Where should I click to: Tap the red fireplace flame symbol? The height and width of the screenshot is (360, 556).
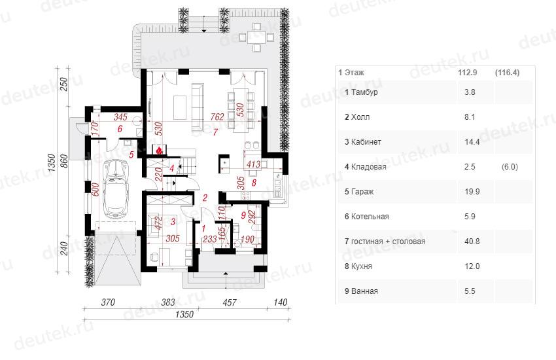pyautogui.click(x=160, y=150)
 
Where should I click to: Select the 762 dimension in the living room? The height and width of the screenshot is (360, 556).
pyautogui.click(x=217, y=117)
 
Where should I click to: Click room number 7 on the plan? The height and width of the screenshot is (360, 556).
pyautogui.click(x=215, y=132)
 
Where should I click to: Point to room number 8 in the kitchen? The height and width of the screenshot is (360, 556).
pyautogui.click(x=254, y=183)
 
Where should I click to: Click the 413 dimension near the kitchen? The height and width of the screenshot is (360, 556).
pyautogui.click(x=253, y=164)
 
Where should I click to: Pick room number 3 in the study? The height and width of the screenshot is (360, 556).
pyautogui.click(x=173, y=222)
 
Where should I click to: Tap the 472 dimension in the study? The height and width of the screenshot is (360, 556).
pyautogui.click(x=159, y=223)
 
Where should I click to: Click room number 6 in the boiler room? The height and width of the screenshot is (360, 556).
pyautogui.click(x=120, y=129)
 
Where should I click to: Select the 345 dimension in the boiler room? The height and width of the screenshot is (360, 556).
pyautogui.click(x=120, y=117)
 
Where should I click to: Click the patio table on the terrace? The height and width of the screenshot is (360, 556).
pyautogui.click(x=256, y=37)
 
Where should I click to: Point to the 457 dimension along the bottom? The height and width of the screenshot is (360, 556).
pyautogui.click(x=230, y=302)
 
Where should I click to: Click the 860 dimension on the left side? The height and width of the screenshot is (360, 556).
pyautogui.click(x=64, y=162)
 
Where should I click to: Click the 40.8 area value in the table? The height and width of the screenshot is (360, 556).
pyautogui.click(x=472, y=242)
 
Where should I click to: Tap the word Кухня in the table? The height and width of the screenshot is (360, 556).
pyautogui.click(x=361, y=266)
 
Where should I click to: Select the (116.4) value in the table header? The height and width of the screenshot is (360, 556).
pyautogui.click(x=507, y=73)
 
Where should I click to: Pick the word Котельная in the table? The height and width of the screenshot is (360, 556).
pyautogui.click(x=370, y=217)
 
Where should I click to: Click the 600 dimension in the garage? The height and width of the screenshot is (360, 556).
pyautogui.click(x=95, y=190)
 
